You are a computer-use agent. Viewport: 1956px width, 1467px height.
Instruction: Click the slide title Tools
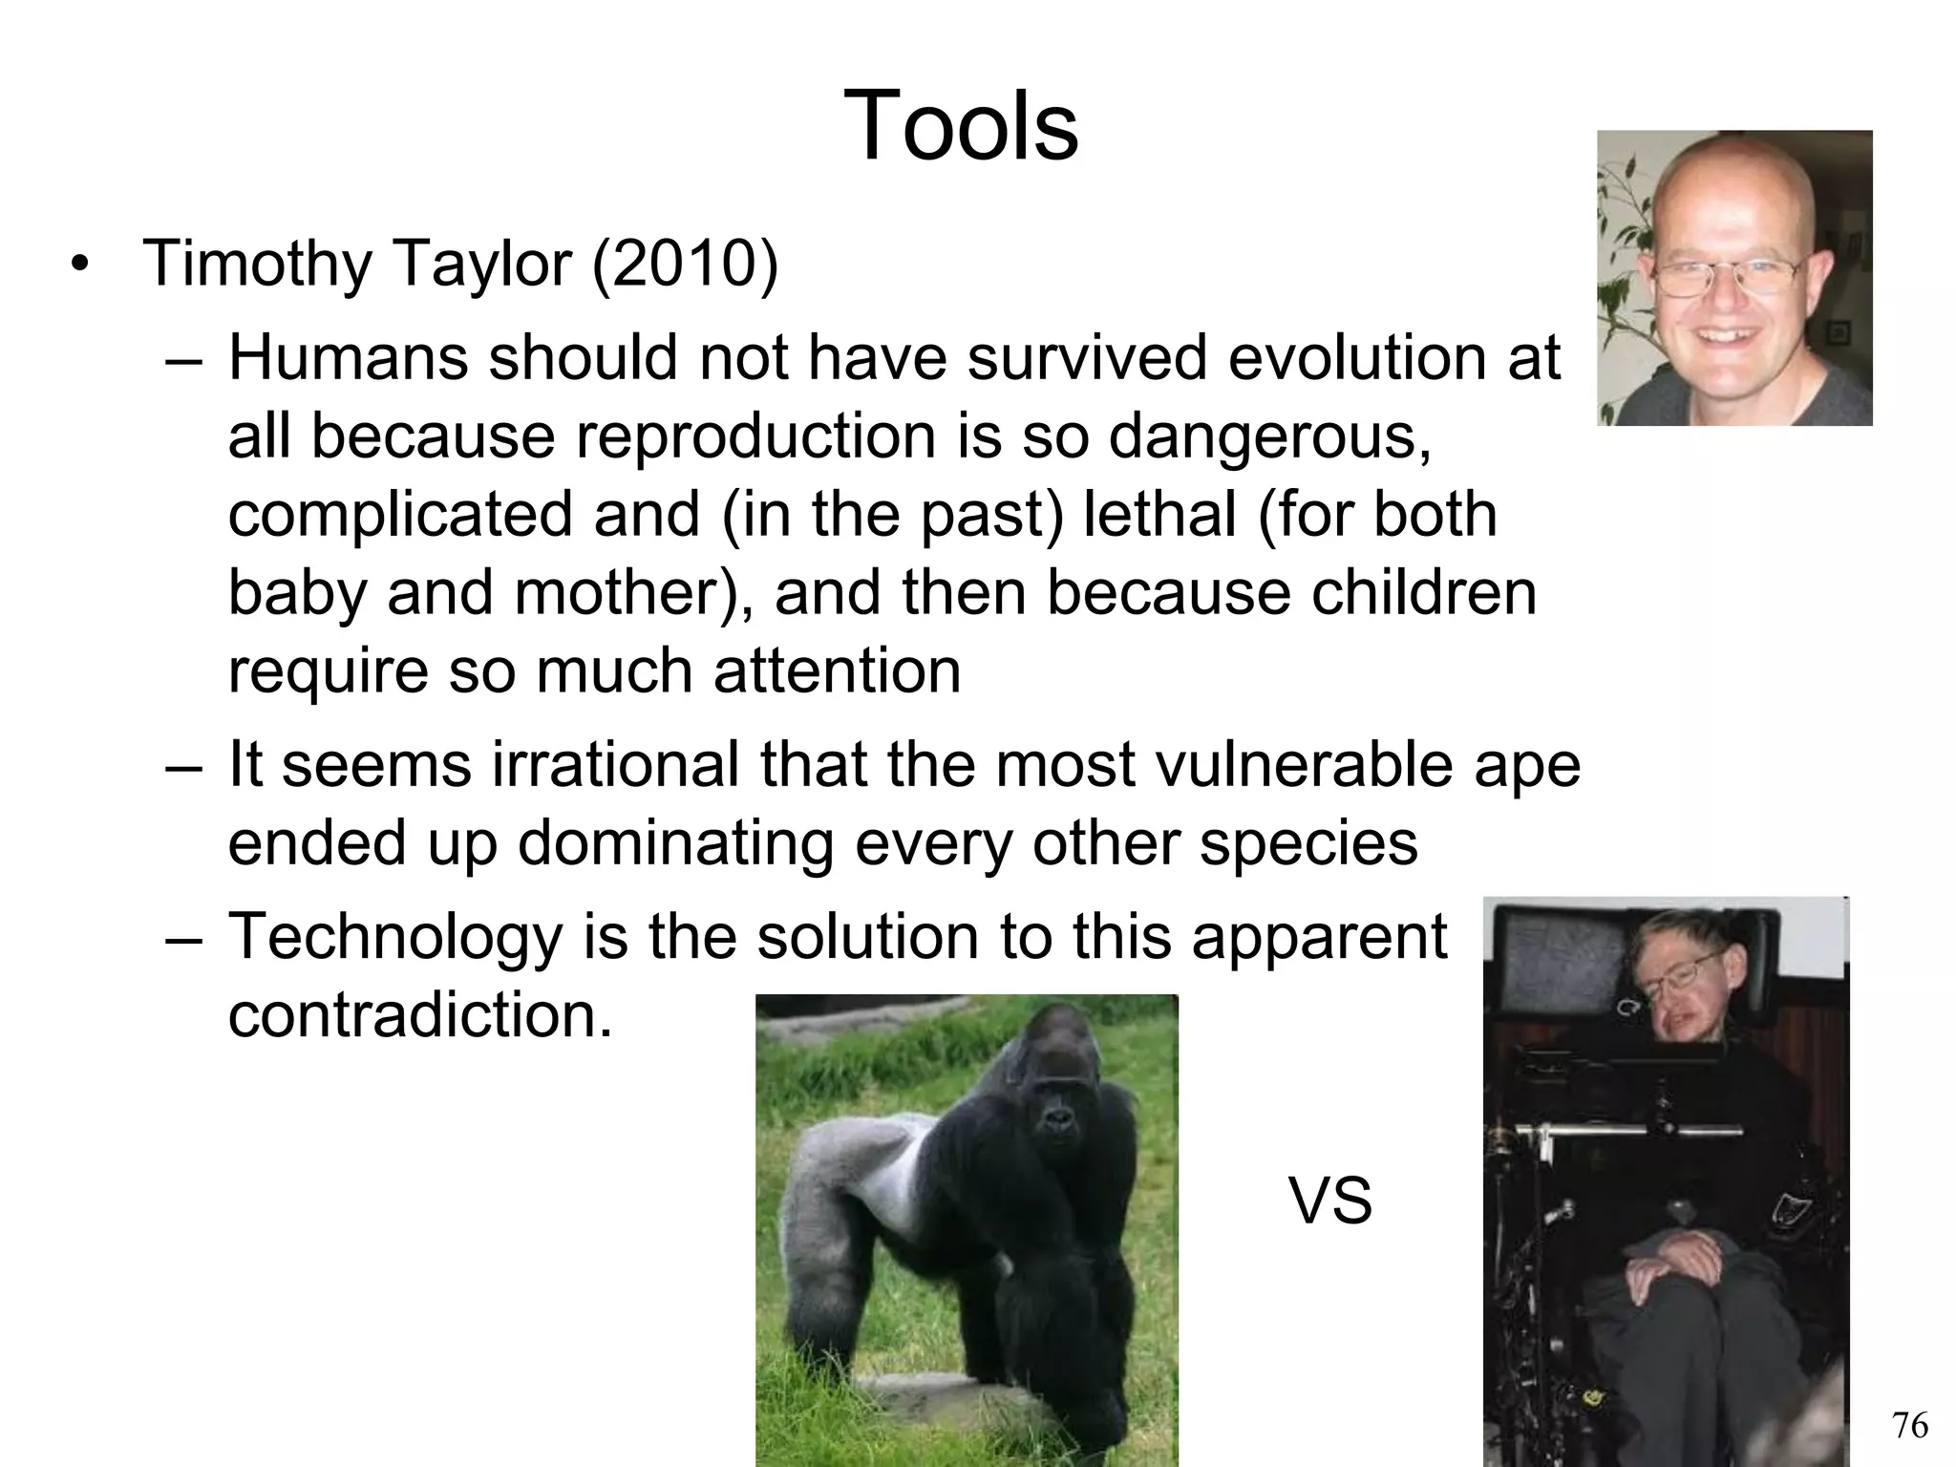(x=961, y=126)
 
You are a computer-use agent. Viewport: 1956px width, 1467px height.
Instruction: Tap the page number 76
(x=1909, y=1425)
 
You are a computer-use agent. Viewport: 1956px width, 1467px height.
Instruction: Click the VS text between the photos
(x=1329, y=1201)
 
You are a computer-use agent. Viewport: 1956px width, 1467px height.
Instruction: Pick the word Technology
(x=395, y=938)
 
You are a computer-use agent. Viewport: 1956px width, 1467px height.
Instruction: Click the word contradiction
(x=419, y=1015)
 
